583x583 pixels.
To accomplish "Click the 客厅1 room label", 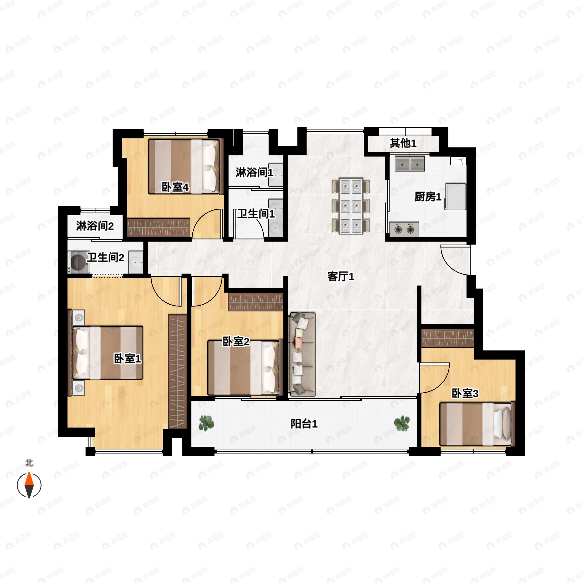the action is point(341,276).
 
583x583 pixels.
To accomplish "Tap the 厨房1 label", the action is point(428,197).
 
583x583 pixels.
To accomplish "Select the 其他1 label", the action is point(403,143).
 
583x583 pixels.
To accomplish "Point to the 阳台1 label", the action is point(304,424).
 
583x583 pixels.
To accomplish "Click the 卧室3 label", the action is point(465,394).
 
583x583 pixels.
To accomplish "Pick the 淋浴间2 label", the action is point(95,226).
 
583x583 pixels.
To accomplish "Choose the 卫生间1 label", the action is point(256,214).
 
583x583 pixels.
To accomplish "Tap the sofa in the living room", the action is point(302,354).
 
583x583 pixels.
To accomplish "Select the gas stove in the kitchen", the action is point(404,229).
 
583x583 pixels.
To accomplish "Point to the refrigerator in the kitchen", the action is point(455,196).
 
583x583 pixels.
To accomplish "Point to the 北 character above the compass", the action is point(29,463).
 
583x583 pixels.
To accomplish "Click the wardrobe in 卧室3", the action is point(447,338).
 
